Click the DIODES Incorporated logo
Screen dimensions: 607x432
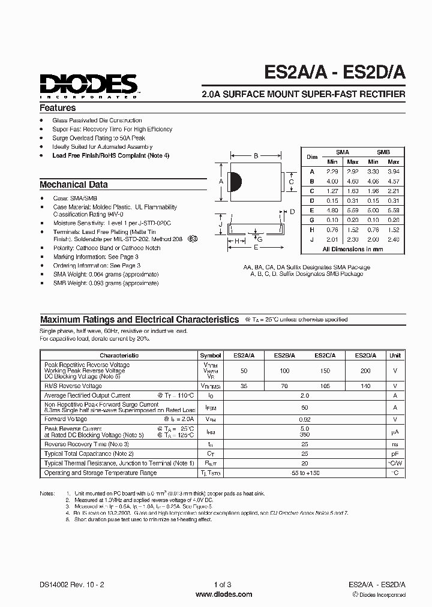click(x=89, y=85)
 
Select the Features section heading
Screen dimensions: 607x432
click(x=58, y=108)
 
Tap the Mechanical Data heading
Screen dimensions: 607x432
click(x=74, y=185)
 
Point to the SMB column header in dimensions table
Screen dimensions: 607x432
click(x=383, y=152)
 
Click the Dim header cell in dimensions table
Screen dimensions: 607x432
click(x=312, y=157)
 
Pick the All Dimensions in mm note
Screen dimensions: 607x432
click(x=352, y=248)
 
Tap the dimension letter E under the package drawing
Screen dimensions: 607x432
click(x=256, y=247)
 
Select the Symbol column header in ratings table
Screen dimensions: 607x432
click(x=210, y=355)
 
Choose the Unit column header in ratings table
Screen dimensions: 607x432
click(x=395, y=355)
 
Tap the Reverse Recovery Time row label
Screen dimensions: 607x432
click(x=86, y=444)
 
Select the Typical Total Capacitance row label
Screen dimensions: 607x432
click(x=89, y=453)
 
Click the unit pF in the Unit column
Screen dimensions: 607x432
click(x=395, y=453)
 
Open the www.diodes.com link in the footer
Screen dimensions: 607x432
click(x=215, y=594)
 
